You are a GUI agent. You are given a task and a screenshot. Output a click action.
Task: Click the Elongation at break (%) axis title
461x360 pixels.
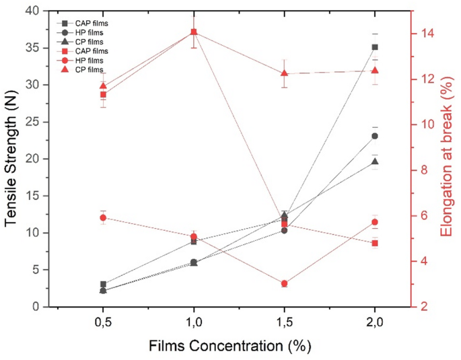(445, 158)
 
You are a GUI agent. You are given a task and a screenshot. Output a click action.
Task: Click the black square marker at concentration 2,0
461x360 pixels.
(375, 47)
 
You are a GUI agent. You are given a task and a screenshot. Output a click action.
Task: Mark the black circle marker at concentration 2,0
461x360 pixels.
(375, 136)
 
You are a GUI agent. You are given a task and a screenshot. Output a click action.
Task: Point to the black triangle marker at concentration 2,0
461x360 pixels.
(375, 161)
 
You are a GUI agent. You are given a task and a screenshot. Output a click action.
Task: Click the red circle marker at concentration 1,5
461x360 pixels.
(284, 284)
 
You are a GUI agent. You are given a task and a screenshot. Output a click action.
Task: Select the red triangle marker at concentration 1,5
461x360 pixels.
(284, 73)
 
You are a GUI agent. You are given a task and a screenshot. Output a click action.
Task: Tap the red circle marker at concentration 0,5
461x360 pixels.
(103, 217)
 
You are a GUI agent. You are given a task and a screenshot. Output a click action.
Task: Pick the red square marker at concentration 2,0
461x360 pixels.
(375, 243)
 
